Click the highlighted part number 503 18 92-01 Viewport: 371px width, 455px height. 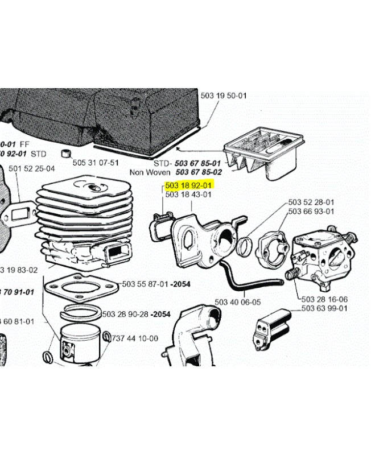click(x=188, y=185)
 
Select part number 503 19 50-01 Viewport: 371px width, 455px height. click(x=224, y=96)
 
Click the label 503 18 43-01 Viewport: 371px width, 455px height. click(x=188, y=195)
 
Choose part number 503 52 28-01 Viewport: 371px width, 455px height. click(x=311, y=202)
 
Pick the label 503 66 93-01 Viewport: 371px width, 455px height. click(x=311, y=212)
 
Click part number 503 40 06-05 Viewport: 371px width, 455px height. click(x=238, y=302)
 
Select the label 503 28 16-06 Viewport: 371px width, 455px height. click(x=324, y=299)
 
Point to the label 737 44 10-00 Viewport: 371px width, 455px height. click(x=135, y=338)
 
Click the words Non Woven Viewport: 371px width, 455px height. click(x=150, y=172)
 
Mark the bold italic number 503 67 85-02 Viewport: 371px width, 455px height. click(x=199, y=172)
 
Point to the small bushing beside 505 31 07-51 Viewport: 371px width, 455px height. click(x=65, y=154)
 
